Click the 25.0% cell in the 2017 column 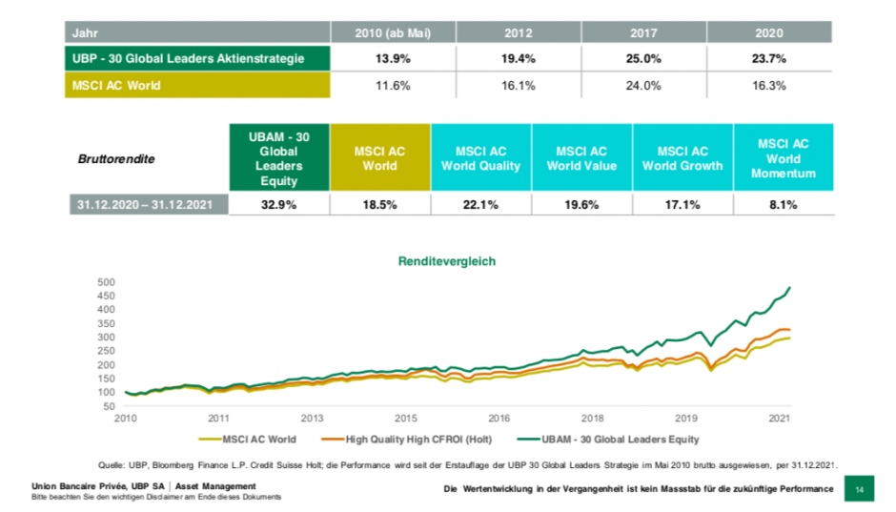coord(643,58)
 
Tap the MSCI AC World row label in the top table coord(197,85)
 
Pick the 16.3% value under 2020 coord(770,85)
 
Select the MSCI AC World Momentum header coord(784,158)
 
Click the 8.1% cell coord(784,204)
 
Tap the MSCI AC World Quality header coord(480,158)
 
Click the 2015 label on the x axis coord(405,418)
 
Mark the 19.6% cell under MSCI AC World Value coord(581,204)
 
